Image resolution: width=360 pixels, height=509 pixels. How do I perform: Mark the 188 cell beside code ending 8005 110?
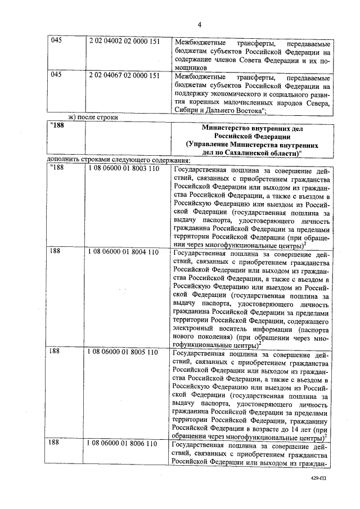tap(55, 351)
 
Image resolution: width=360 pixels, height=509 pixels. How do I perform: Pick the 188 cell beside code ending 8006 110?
tap(55, 443)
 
